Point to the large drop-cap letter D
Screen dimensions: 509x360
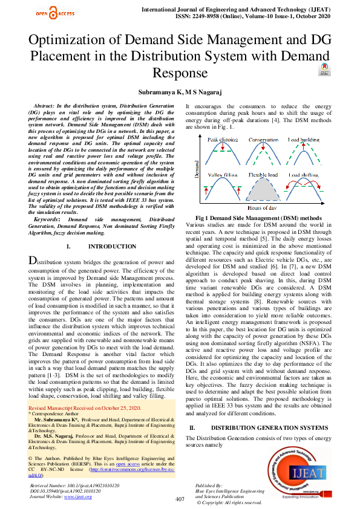[34, 261]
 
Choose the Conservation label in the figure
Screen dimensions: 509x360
[264, 140]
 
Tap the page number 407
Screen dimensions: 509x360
[179, 499]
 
